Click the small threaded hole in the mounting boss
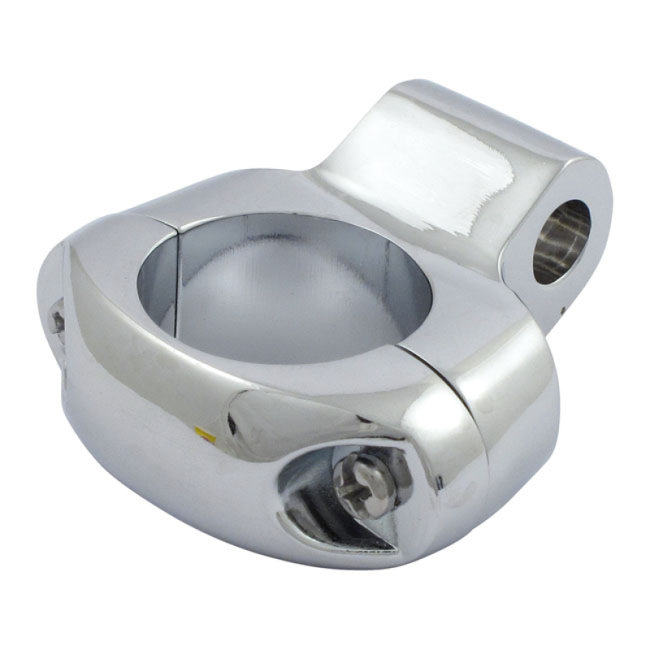coord(560,241)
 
